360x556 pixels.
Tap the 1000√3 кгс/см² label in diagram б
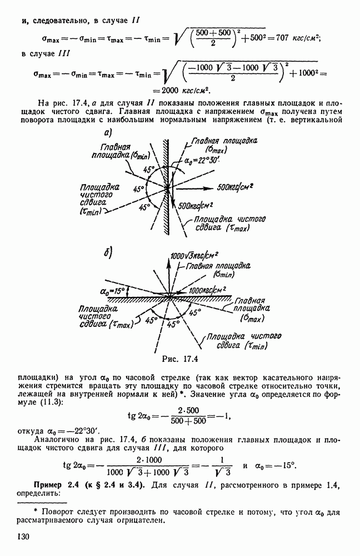pos(196,256)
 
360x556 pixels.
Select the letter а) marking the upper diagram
pos(108,133)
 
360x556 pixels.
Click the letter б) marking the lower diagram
pos(109,252)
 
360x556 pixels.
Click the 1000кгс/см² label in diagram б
pos(209,290)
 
